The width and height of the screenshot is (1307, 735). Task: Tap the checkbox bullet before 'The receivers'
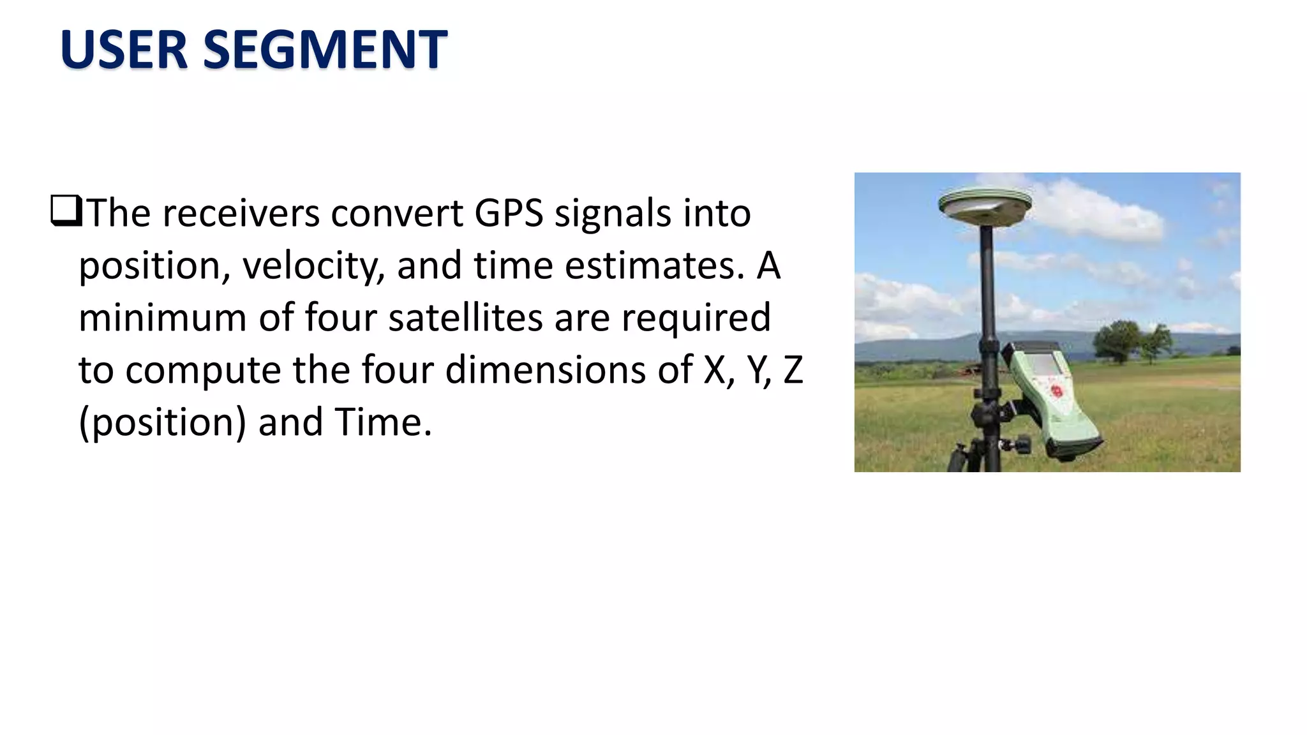point(66,211)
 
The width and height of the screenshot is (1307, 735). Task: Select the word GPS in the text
point(509,213)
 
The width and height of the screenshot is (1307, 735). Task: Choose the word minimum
point(162,318)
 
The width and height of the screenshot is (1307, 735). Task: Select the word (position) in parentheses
point(162,424)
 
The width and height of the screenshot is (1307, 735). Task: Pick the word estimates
point(655,266)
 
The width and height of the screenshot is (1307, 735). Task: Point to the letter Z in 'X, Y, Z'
point(793,370)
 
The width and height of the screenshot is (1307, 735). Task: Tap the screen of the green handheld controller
point(1046,365)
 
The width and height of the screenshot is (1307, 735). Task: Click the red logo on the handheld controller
point(1057,390)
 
